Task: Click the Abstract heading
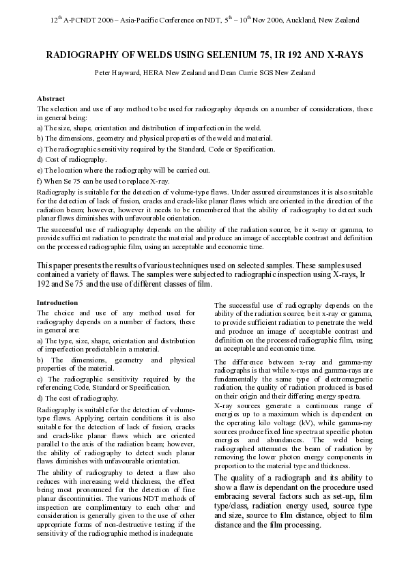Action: pyautogui.click(x=51, y=99)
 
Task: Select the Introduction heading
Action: pyautogui.click(x=58, y=302)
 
